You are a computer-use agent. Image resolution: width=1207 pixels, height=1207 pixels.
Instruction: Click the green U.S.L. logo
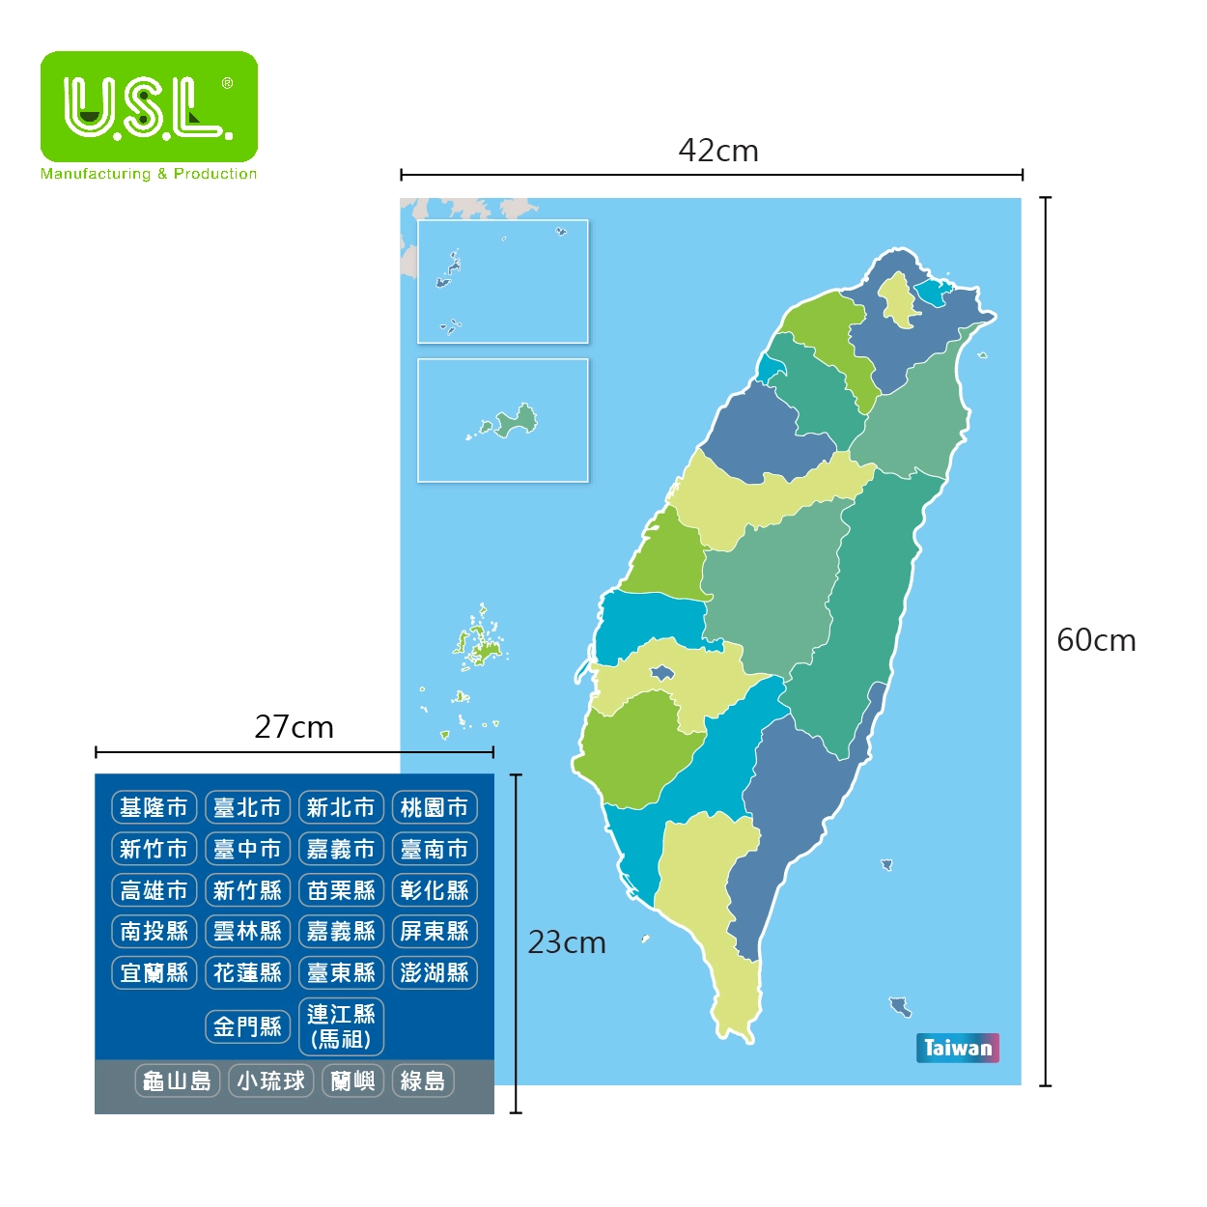149,106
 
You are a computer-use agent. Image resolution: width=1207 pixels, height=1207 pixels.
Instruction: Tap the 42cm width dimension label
717,151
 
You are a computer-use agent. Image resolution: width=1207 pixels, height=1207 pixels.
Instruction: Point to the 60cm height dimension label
1095,640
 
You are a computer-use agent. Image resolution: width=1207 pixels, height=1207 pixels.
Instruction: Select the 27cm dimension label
294,727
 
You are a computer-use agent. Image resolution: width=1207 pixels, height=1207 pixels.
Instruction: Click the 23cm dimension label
567,942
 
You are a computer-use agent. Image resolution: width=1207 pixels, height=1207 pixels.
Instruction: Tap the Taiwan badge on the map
957,1048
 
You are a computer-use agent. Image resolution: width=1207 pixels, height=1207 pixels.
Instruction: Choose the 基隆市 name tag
154,807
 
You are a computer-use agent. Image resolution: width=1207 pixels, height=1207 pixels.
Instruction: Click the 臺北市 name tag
247,807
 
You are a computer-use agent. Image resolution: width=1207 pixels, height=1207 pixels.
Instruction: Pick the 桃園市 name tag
435,807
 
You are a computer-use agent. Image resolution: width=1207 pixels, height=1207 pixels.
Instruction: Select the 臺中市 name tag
247,849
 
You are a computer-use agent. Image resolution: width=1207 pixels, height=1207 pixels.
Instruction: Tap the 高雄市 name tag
154,890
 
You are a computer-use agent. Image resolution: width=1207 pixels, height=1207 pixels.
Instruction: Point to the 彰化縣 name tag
435,890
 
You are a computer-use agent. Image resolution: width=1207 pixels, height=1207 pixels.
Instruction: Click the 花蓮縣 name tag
247,972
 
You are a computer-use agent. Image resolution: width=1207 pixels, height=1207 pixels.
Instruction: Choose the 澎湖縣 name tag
435,972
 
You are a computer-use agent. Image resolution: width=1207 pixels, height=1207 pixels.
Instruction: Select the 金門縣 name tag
247,1026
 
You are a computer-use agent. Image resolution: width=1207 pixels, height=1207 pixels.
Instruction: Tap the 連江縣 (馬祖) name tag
341,1026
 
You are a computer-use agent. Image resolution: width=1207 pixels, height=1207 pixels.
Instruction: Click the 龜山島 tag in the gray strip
178,1081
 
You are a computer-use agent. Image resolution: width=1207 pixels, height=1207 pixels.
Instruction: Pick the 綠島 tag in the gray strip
423,1081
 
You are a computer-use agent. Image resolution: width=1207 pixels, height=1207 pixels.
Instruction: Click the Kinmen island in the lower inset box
515,420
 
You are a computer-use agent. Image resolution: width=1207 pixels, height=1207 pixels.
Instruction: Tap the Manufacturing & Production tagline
149,174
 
